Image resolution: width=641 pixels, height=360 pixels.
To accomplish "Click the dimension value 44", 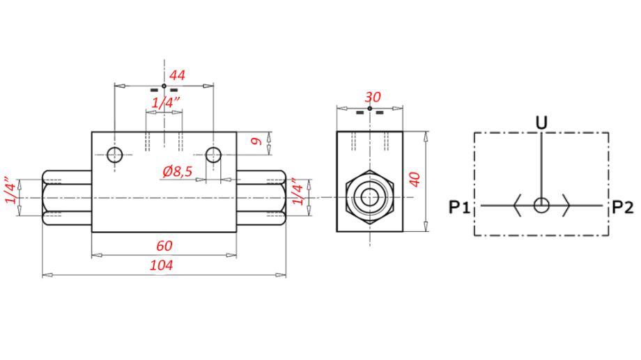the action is click(178, 75).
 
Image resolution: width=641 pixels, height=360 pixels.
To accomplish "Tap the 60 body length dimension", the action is click(164, 246).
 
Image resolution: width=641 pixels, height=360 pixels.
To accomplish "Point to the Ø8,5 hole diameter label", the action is click(178, 171).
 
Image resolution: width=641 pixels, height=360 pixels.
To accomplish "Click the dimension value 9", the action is click(256, 141).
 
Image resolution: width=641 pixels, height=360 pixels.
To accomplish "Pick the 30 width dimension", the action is click(373, 97).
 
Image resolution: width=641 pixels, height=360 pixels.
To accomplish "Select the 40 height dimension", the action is click(415, 180).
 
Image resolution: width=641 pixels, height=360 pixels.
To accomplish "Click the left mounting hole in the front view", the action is click(115, 155).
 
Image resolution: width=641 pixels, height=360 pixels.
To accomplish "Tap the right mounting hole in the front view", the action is click(213, 155).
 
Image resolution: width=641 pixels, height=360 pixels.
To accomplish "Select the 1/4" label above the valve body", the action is click(166, 102).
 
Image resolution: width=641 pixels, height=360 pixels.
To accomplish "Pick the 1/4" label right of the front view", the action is click(298, 191).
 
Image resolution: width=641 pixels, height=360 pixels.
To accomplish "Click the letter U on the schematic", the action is click(541, 123).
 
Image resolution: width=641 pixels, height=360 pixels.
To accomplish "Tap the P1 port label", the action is click(460, 208).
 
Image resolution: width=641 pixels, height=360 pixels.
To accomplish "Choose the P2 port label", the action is click(623, 208).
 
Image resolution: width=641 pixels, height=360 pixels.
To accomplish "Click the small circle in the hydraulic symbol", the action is click(541, 205).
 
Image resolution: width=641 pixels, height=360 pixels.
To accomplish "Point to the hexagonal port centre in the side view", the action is click(369, 197).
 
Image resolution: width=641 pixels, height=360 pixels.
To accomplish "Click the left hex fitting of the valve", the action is click(67, 198).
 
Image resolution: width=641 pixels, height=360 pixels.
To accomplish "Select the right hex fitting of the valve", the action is click(261, 198).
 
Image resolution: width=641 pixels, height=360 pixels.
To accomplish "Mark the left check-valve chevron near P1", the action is click(517, 205).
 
